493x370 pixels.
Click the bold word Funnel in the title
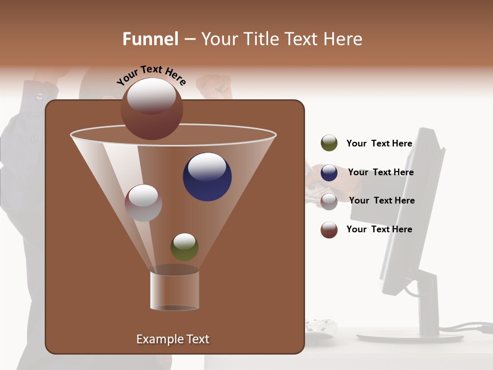[150, 39]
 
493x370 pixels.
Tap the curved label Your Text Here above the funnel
[151, 75]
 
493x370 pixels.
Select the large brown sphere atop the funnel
[151, 109]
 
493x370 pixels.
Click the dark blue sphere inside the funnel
[207, 177]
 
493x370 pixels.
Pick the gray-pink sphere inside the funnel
[143, 203]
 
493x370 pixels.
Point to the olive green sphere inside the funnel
[184, 247]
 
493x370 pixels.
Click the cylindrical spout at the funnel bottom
[175, 290]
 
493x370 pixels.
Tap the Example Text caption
[173, 339]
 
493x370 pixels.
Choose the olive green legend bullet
[329, 143]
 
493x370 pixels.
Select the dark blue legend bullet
[329, 173]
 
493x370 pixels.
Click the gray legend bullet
[329, 201]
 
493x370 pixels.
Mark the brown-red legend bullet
[329, 230]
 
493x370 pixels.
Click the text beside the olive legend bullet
[379, 144]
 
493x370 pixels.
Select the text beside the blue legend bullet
[381, 172]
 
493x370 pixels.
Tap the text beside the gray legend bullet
[382, 200]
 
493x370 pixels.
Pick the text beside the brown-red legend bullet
[379, 229]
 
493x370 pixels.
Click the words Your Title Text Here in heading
[281, 39]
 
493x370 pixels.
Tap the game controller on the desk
[320, 327]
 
